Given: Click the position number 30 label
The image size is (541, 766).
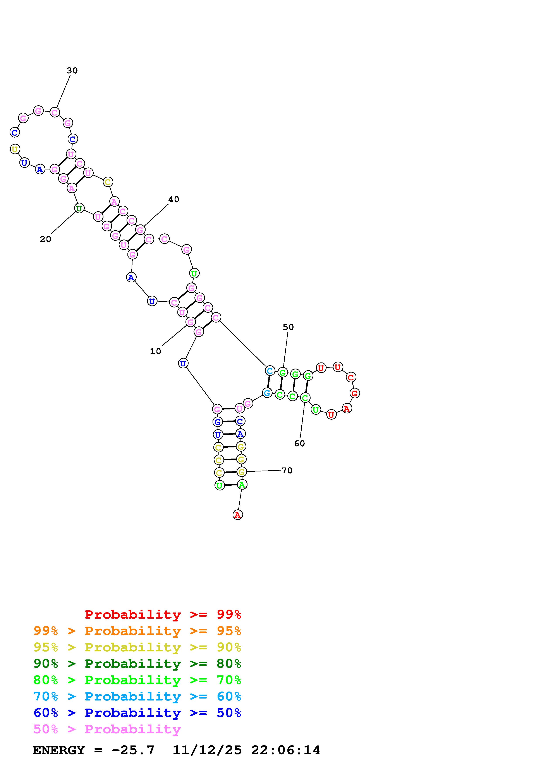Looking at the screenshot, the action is [72, 70].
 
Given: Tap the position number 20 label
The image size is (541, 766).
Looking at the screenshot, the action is [45, 239].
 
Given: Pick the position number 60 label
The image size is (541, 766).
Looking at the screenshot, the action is [299, 443].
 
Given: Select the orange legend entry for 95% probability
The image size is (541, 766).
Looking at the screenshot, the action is [137, 631].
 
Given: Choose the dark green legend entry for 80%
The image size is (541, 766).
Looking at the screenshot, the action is [137, 664].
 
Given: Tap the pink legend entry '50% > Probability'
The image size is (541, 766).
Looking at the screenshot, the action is [107, 729].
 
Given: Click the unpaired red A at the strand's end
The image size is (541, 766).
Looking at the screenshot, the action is [237, 515].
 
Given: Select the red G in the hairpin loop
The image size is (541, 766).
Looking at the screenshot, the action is [355, 393].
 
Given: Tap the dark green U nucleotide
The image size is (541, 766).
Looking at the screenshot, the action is [79, 209].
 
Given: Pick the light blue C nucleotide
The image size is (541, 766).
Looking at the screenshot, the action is [270, 371].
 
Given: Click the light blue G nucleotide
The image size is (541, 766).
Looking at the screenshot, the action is [267, 393].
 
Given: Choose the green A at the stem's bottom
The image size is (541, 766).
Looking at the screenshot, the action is [242, 485].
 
